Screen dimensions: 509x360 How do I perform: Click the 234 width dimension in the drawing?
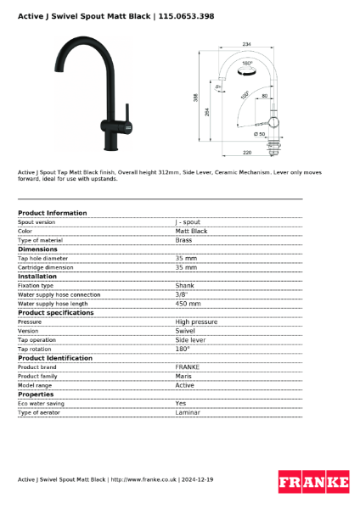[246, 44]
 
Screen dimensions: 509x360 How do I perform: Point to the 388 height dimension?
[196, 98]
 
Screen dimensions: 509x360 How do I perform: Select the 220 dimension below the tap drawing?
[247, 154]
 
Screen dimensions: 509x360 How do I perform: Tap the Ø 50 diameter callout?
[259, 134]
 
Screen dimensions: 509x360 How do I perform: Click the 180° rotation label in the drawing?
[247, 64]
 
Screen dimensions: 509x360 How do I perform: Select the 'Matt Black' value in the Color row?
[191, 231]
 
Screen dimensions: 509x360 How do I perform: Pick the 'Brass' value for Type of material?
[183, 240]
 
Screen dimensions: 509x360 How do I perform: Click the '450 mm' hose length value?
[188, 303]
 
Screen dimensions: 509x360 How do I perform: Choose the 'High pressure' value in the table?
[196, 322]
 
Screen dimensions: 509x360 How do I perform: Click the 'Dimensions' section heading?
[37, 249]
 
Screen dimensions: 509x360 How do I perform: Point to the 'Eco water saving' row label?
[41, 403]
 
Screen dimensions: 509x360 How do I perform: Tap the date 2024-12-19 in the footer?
[197, 479]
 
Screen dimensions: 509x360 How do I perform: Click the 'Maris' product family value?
[183, 376]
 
